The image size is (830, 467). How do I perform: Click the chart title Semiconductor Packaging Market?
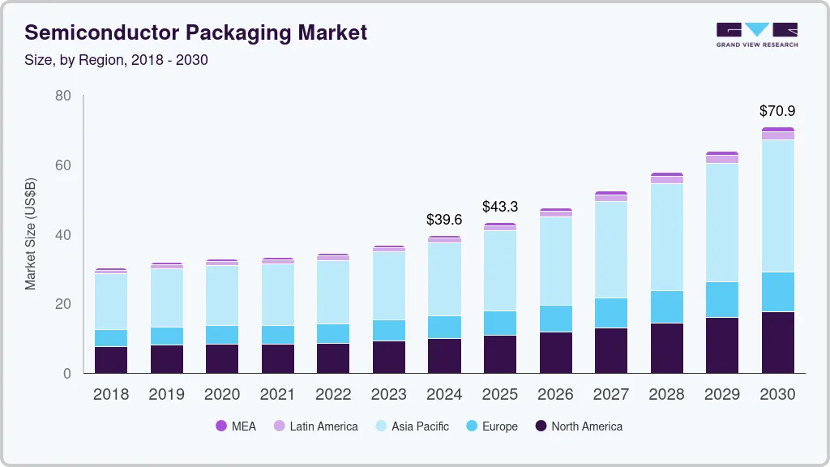[x=195, y=32]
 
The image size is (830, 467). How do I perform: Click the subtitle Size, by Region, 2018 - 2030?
[x=116, y=60]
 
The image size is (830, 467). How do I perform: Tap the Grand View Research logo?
[x=756, y=34]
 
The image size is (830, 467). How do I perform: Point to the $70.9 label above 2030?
[x=777, y=110]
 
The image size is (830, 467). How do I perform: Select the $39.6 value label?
[x=444, y=220]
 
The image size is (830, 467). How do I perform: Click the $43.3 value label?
[x=500, y=207]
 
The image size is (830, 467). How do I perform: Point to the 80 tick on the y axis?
[x=62, y=96]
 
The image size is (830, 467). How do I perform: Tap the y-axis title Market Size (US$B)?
[x=31, y=234]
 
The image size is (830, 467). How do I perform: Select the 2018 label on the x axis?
[x=110, y=395]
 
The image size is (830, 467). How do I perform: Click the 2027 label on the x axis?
[x=610, y=395]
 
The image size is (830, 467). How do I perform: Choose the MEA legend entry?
[x=235, y=426]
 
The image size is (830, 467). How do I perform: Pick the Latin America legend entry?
[x=315, y=426]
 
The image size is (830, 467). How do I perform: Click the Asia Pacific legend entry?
[x=411, y=426]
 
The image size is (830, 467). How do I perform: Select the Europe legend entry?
[x=491, y=426]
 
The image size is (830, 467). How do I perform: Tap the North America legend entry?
[x=578, y=426]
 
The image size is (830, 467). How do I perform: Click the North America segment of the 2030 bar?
[x=778, y=342]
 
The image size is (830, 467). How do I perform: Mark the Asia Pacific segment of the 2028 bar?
[x=666, y=237]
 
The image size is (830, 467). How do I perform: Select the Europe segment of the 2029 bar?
[x=722, y=299]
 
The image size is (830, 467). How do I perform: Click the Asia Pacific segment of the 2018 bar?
[x=110, y=302]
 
